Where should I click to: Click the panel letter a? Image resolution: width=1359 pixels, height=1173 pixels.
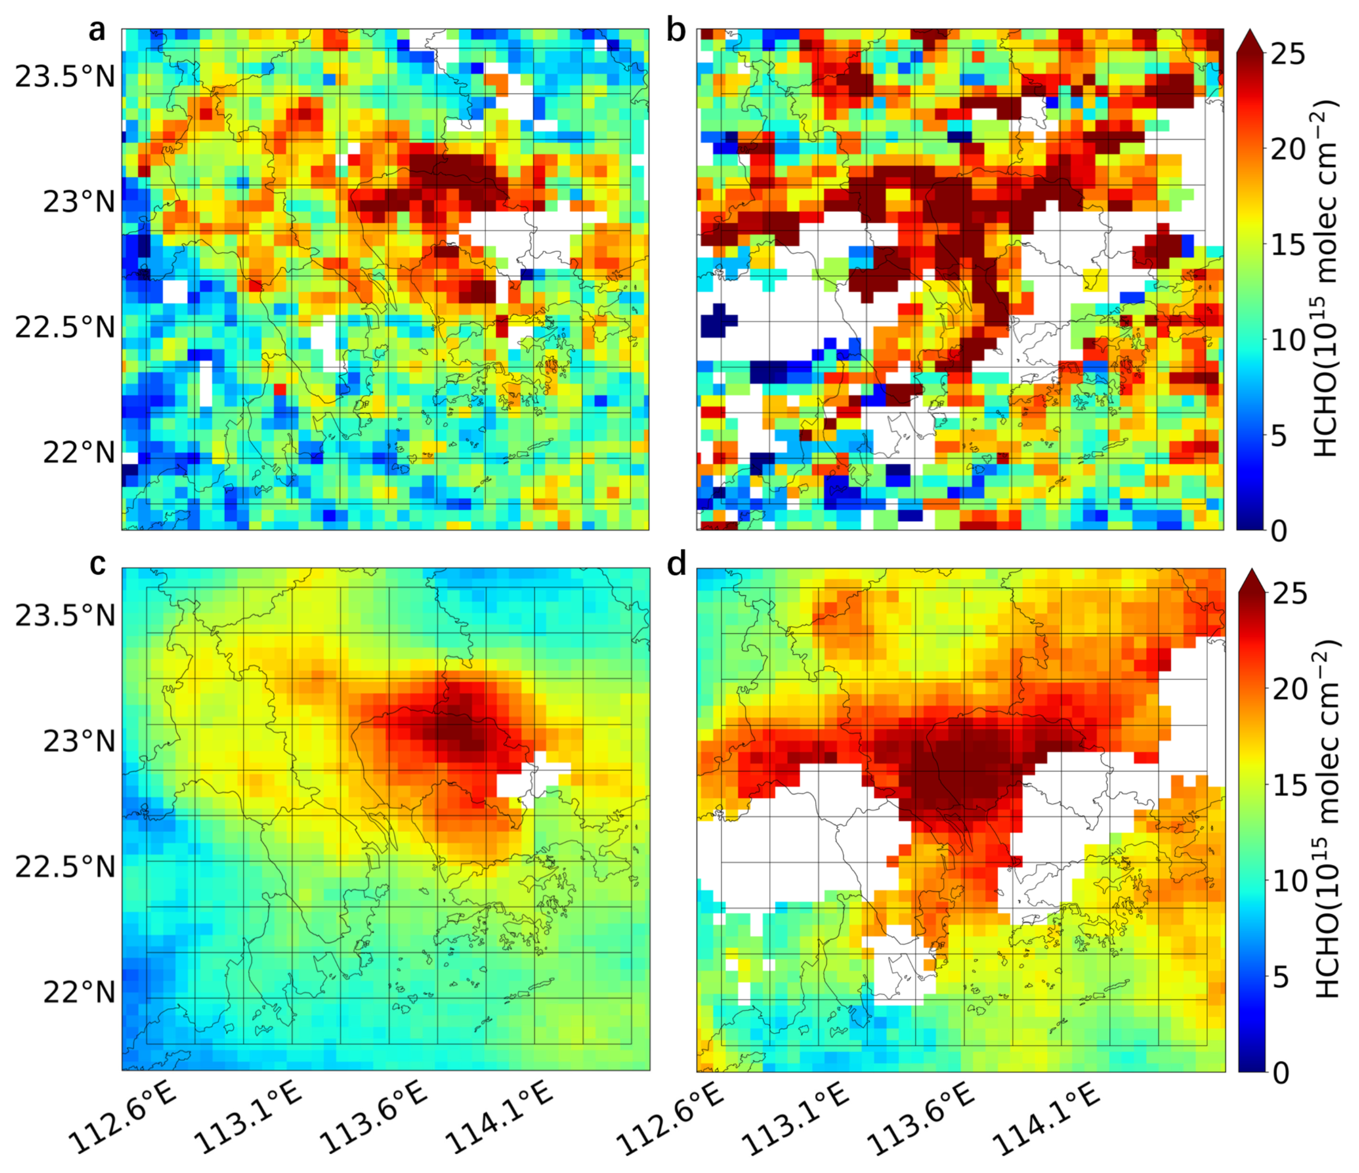[97, 30]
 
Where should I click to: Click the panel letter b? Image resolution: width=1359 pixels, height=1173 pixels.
[676, 30]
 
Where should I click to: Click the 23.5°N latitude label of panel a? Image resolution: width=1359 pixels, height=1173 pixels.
[65, 77]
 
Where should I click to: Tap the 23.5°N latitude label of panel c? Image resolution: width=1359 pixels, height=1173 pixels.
[65, 616]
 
